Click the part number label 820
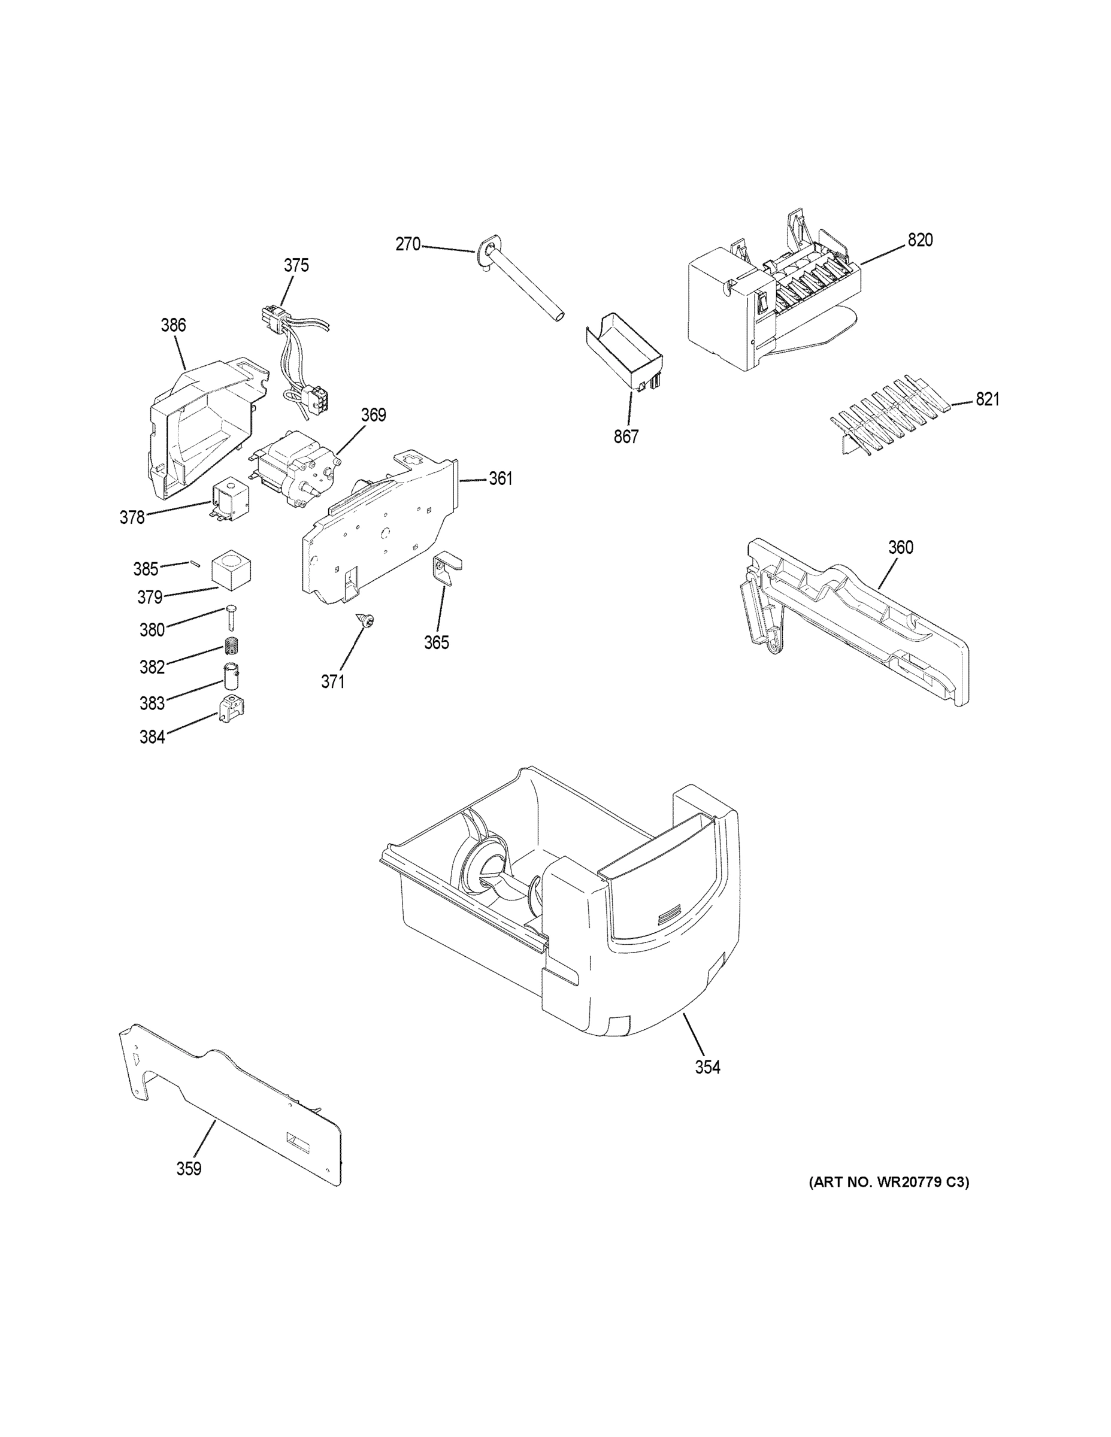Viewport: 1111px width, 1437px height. pos(919,240)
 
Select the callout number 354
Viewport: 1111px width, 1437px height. pos(707,1067)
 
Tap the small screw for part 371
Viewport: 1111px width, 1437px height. pos(365,619)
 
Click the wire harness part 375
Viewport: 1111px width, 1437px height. pos(296,355)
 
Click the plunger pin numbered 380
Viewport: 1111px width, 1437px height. pos(231,617)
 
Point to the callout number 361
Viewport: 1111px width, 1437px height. pos(500,478)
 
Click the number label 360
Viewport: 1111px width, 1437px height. pos(900,547)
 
